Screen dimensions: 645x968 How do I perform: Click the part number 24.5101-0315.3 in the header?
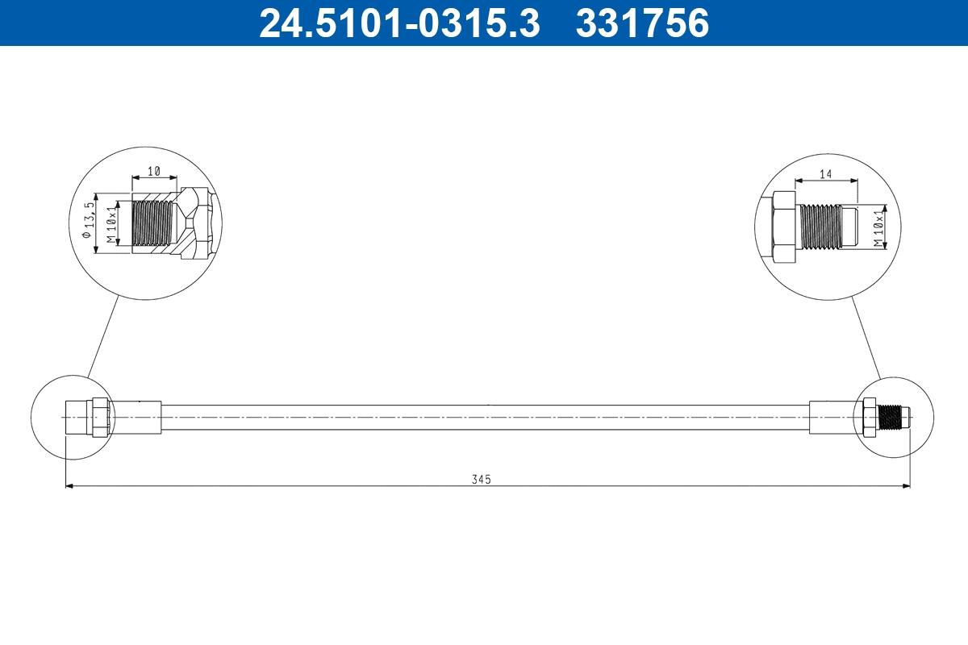(x=398, y=23)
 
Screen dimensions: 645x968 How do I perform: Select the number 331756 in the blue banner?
(x=642, y=23)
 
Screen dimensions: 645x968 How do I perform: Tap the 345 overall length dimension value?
(x=482, y=479)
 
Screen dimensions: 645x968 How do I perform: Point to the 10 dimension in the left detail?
(x=153, y=172)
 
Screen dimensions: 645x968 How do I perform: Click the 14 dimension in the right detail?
(x=825, y=173)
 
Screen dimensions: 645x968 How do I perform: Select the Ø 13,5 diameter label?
(x=90, y=223)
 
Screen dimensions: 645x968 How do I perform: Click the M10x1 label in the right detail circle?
(x=880, y=227)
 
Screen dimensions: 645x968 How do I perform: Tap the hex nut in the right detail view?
(x=783, y=227)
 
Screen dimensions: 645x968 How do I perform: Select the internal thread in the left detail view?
(x=152, y=223)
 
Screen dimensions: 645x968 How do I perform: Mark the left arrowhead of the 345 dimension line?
(x=68, y=486)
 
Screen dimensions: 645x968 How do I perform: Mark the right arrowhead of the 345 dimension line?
(x=906, y=486)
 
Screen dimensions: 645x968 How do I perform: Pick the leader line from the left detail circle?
(x=103, y=336)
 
